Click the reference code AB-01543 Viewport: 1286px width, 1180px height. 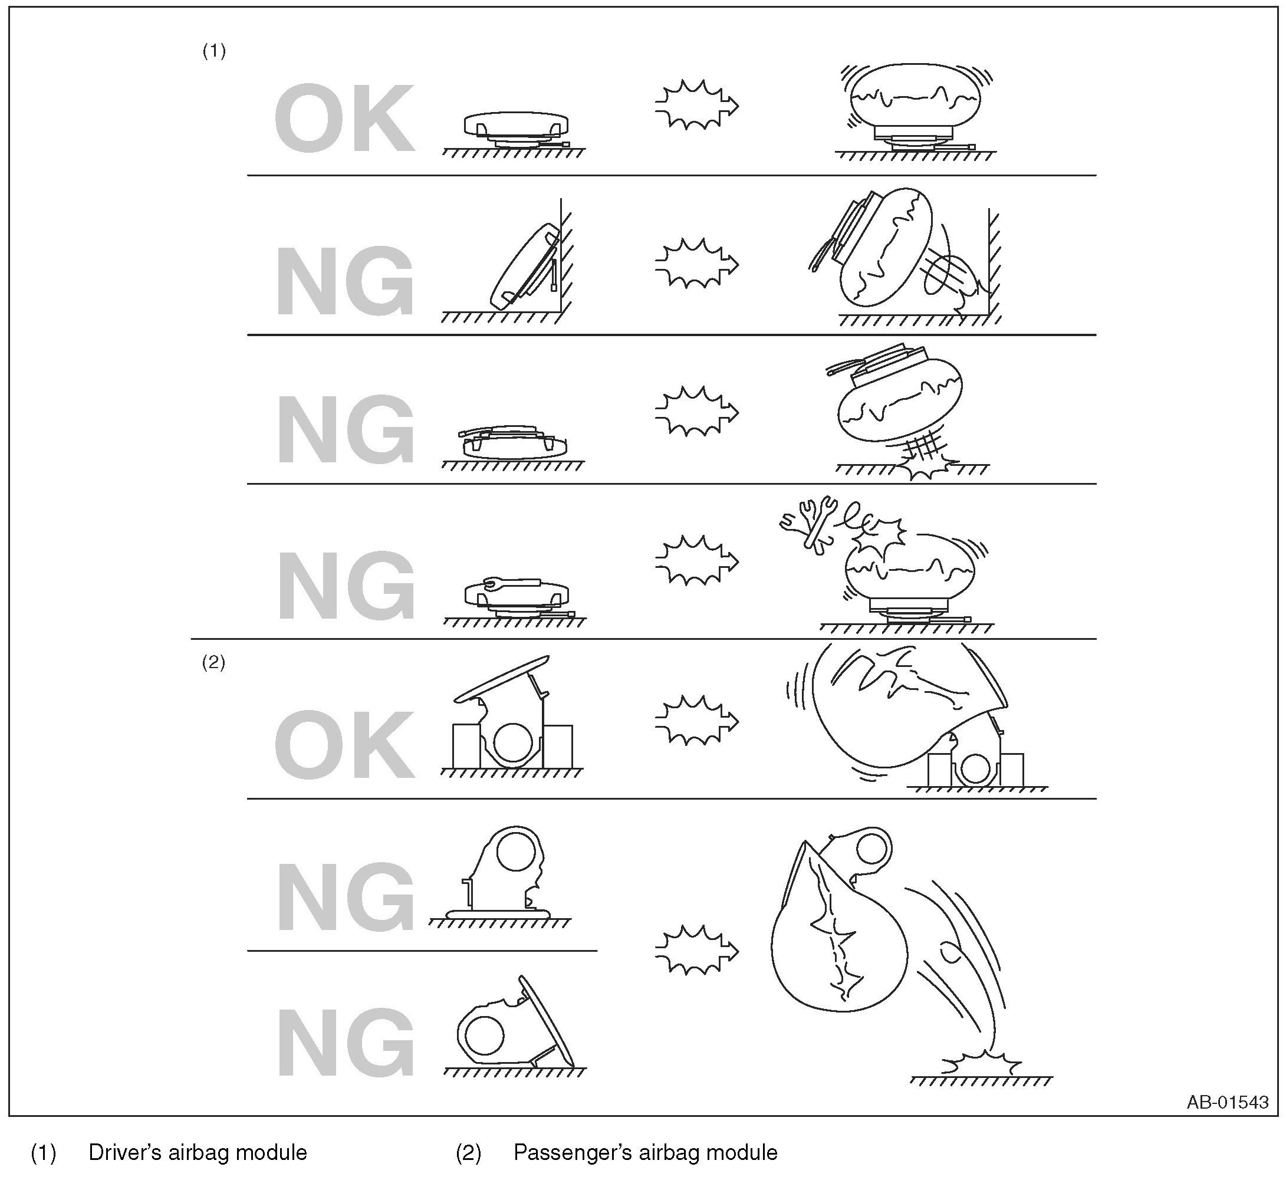click(x=1227, y=1102)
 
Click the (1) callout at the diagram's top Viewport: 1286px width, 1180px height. click(x=214, y=51)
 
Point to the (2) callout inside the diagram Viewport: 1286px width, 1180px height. click(x=214, y=663)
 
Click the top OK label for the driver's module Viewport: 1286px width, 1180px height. click(x=345, y=119)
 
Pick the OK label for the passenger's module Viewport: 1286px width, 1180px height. click(x=345, y=746)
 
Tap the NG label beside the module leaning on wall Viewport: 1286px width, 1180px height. click(x=345, y=282)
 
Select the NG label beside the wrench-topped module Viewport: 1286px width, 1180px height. click(x=345, y=586)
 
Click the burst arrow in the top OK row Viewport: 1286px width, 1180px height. click(x=696, y=105)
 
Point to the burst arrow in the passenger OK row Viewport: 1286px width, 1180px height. click(x=696, y=721)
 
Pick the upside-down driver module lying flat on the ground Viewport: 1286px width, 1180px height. click(x=514, y=442)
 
